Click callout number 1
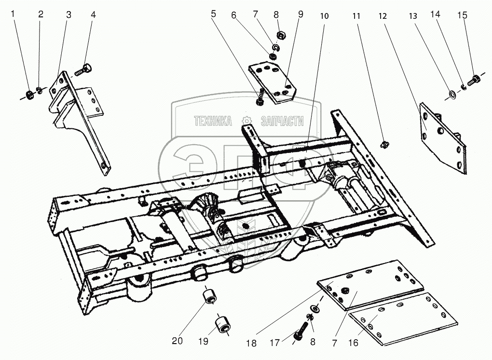click(x=14, y=15)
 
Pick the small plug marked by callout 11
click(x=384, y=143)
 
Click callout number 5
click(x=214, y=15)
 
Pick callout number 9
click(x=301, y=15)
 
